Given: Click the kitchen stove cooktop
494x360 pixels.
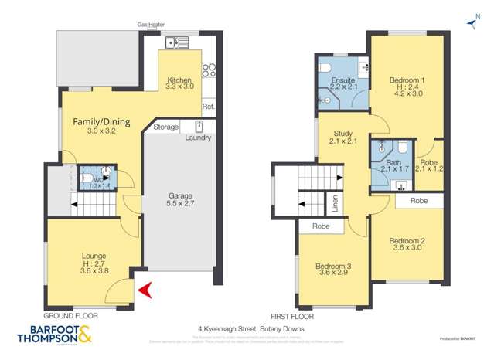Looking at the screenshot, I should click(x=208, y=70).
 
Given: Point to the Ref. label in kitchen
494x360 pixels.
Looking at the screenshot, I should click(x=208, y=107).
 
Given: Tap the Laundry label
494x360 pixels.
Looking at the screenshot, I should click(x=199, y=138).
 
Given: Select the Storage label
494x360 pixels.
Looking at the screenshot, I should click(x=165, y=127).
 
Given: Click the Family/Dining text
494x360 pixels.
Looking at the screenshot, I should click(x=101, y=122).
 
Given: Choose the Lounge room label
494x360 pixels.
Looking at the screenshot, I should click(x=93, y=256).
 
